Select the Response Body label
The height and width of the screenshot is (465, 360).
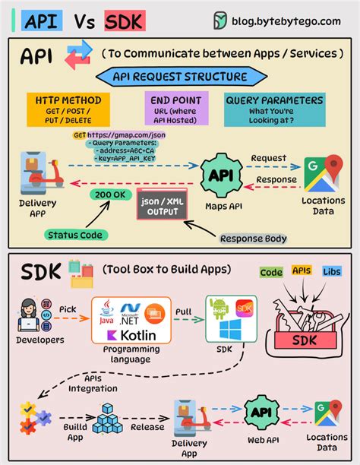[x=254, y=238]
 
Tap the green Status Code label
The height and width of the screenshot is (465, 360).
[x=76, y=235]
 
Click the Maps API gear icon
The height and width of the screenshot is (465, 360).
[x=222, y=176]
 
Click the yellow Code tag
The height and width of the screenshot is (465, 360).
[x=271, y=272]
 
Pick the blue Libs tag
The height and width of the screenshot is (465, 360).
[x=331, y=272]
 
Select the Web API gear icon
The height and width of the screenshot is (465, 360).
[x=261, y=413]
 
